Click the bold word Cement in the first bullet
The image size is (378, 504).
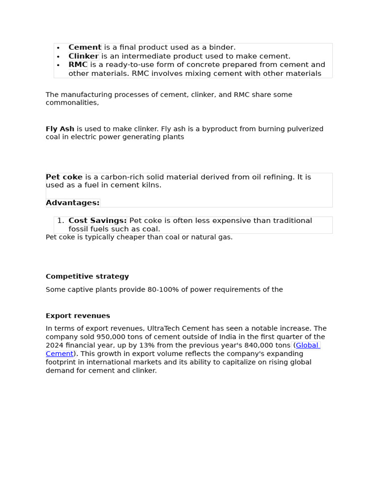pyautogui.click(x=85, y=47)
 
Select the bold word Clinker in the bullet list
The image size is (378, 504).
pyautogui.click(x=83, y=56)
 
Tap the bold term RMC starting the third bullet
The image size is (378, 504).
pyautogui.click(x=78, y=64)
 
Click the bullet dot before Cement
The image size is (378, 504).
pyautogui.click(x=58, y=48)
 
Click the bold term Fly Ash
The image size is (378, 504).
pyautogui.click(x=60, y=129)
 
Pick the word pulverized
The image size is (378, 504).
pyautogui.click(x=304, y=129)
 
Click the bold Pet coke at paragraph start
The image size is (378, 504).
pyautogui.click(x=64, y=177)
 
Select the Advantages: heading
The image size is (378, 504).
pyautogui.click(x=72, y=203)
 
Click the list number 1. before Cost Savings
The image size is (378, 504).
pyautogui.click(x=61, y=220)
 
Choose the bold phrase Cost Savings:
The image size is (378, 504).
pyautogui.click(x=97, y=220)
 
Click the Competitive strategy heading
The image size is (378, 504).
pyautogui.click(x=87, y=277)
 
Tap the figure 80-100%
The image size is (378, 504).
pyautogui.click(x=163, y=289)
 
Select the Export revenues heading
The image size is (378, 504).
pyautogui.click(x=78, y=316)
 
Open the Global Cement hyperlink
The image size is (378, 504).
pyautogui.click(x=307, y=345)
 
